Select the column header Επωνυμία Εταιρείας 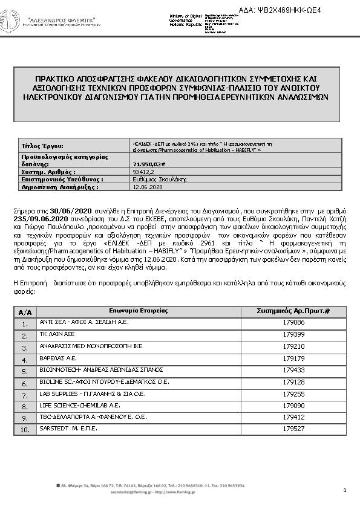pyautogui.click(x=139, y=310)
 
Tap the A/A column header pyautogui.click(x=25, y=312)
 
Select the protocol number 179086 pyautogui.click(x=293, y=323)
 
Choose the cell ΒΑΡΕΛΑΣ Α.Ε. pyautogui.click(x=54, y=358)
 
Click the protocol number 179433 pyautogui.click(x=293, y=369)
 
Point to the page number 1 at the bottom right pyautogui.click(x=344, y=490)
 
